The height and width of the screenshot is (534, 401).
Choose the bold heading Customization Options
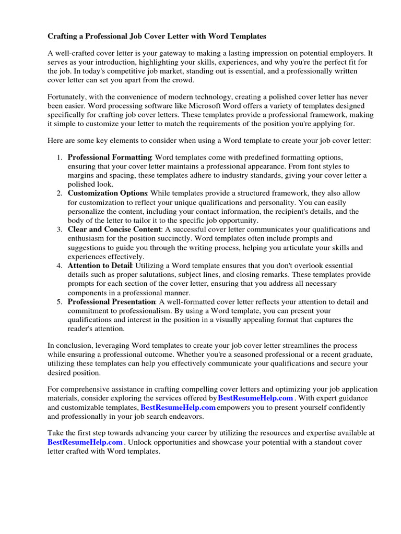(x=108, y=193)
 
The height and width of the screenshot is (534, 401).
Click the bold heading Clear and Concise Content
(x=115, y=229)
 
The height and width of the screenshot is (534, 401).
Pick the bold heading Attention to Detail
(x=99, y=265)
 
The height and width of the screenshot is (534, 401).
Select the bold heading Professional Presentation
(x=111, y=301)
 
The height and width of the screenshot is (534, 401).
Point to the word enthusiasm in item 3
(x=87, y=238)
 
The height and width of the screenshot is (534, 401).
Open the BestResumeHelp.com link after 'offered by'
(x=255, y=398)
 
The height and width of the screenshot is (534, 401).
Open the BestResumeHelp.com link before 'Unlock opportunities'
(x=85, y=442)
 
